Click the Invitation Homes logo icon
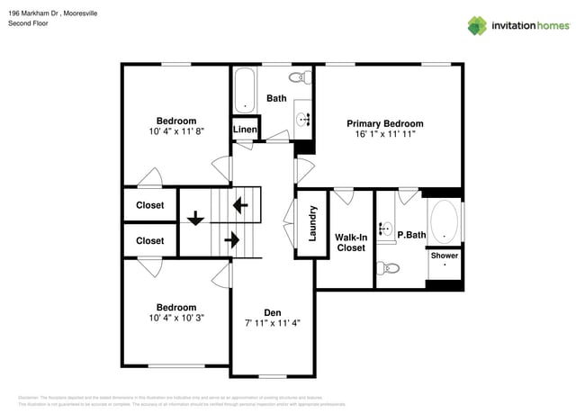point(476,25)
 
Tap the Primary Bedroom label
point(385,123)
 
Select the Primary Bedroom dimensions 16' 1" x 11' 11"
point(385,134)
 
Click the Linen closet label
point(246,130)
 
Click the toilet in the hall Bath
point(304,77)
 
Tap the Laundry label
point(312,223)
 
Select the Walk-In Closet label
point(350,241)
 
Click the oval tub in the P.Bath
point(444,221)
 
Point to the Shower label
point(444,256)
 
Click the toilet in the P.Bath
point(389,267)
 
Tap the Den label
point(272,312)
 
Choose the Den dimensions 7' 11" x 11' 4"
point(272,323)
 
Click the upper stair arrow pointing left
point(240,204)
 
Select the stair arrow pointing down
point(194,218)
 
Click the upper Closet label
point(150,205)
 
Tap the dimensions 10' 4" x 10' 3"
point(175,318)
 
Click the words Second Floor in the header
point(29,23)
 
